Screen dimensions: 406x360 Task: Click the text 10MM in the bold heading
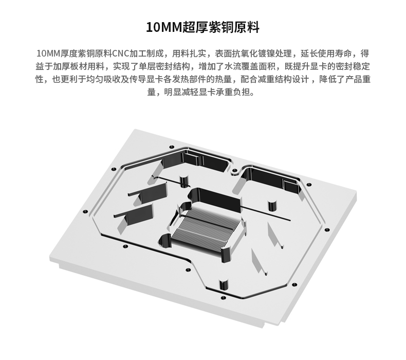pos(164,27)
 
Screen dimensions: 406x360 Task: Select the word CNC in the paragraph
pos(120,53)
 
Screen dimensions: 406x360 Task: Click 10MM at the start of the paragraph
pos(48,53)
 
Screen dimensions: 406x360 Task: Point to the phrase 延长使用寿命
pos(326,53)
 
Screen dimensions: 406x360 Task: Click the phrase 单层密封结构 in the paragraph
pos(164,66)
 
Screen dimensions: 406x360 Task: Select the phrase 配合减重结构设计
pos(275,79)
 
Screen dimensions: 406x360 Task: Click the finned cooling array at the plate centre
pos(206,228)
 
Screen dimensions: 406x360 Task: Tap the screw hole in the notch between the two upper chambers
pos(234,171)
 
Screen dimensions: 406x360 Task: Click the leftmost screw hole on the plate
pos(85,212)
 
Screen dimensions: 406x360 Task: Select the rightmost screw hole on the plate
pos(327,230)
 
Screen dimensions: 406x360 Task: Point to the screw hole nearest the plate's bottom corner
pos(223,298)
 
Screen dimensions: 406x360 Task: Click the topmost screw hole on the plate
pos(172,147)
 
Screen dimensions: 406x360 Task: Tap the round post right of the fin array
pos(272,206)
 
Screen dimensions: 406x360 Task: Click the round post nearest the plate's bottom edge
pos(224,285)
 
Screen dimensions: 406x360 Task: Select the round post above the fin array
pos(184,181)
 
